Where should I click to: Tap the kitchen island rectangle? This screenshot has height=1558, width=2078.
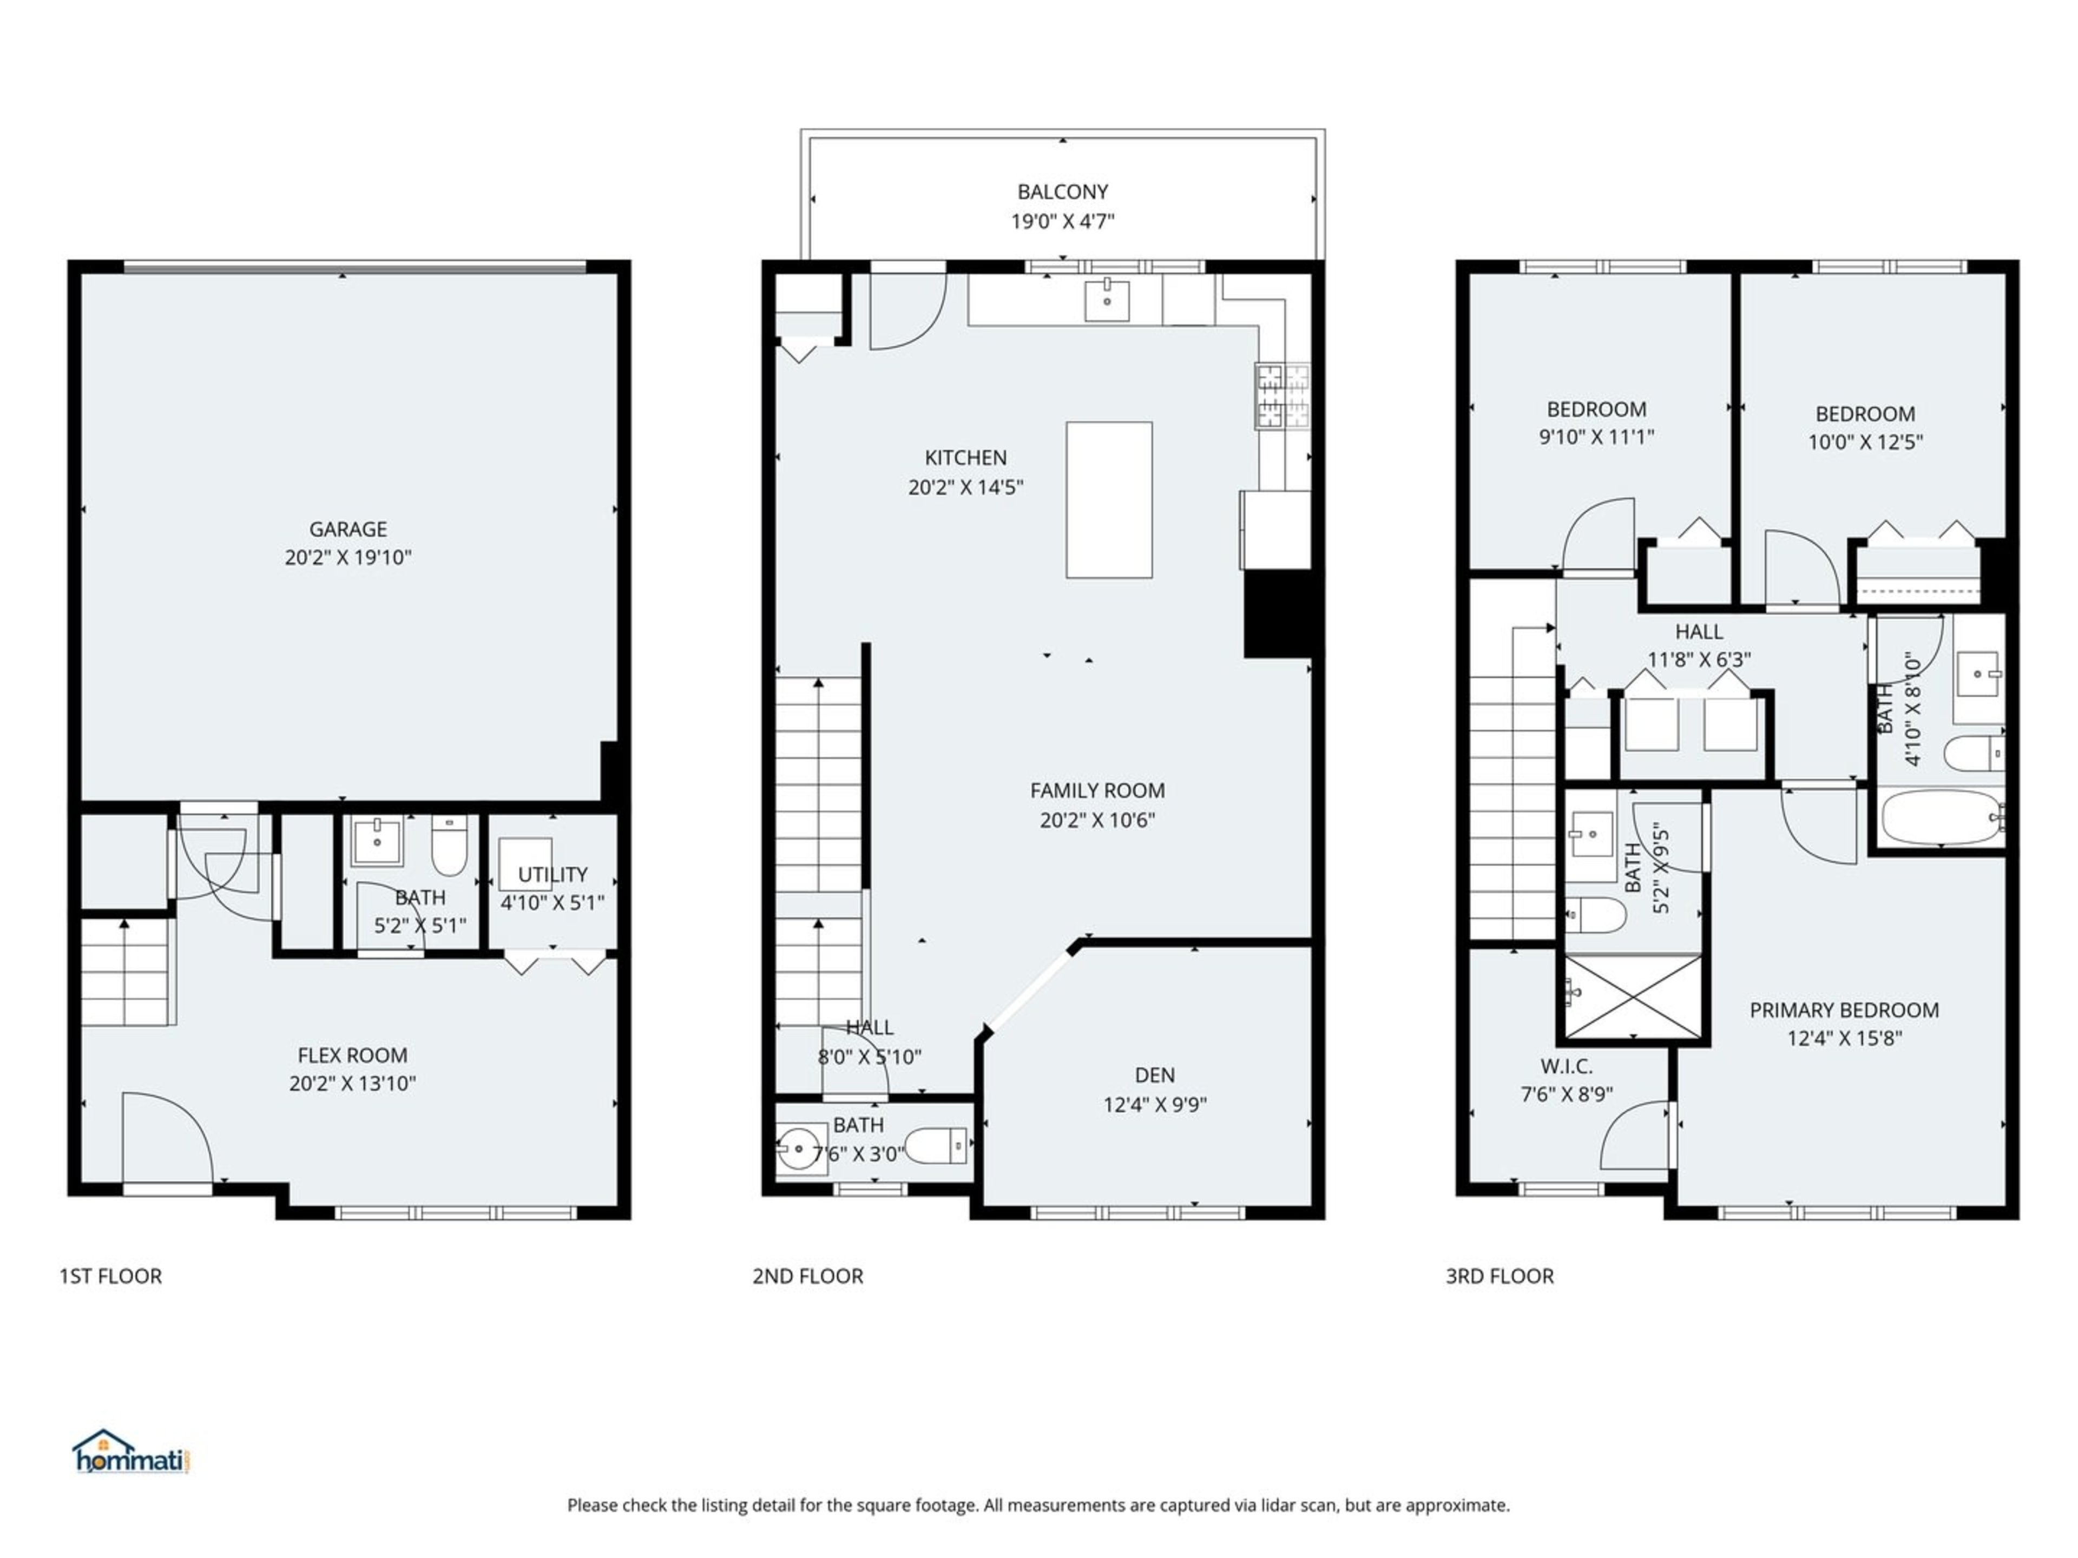pyautogui.click(x=1108, y=500)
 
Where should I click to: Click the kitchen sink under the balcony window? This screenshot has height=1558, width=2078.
pyautogui.click(x=1107, y=300)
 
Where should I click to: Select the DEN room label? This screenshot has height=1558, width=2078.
pyautogui.click(x=1155, y=1074)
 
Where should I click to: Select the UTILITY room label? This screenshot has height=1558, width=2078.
pyautogui.click(x=553, y=874)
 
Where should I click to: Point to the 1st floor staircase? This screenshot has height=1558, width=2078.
pyautogui.click(x=127, y=972)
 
